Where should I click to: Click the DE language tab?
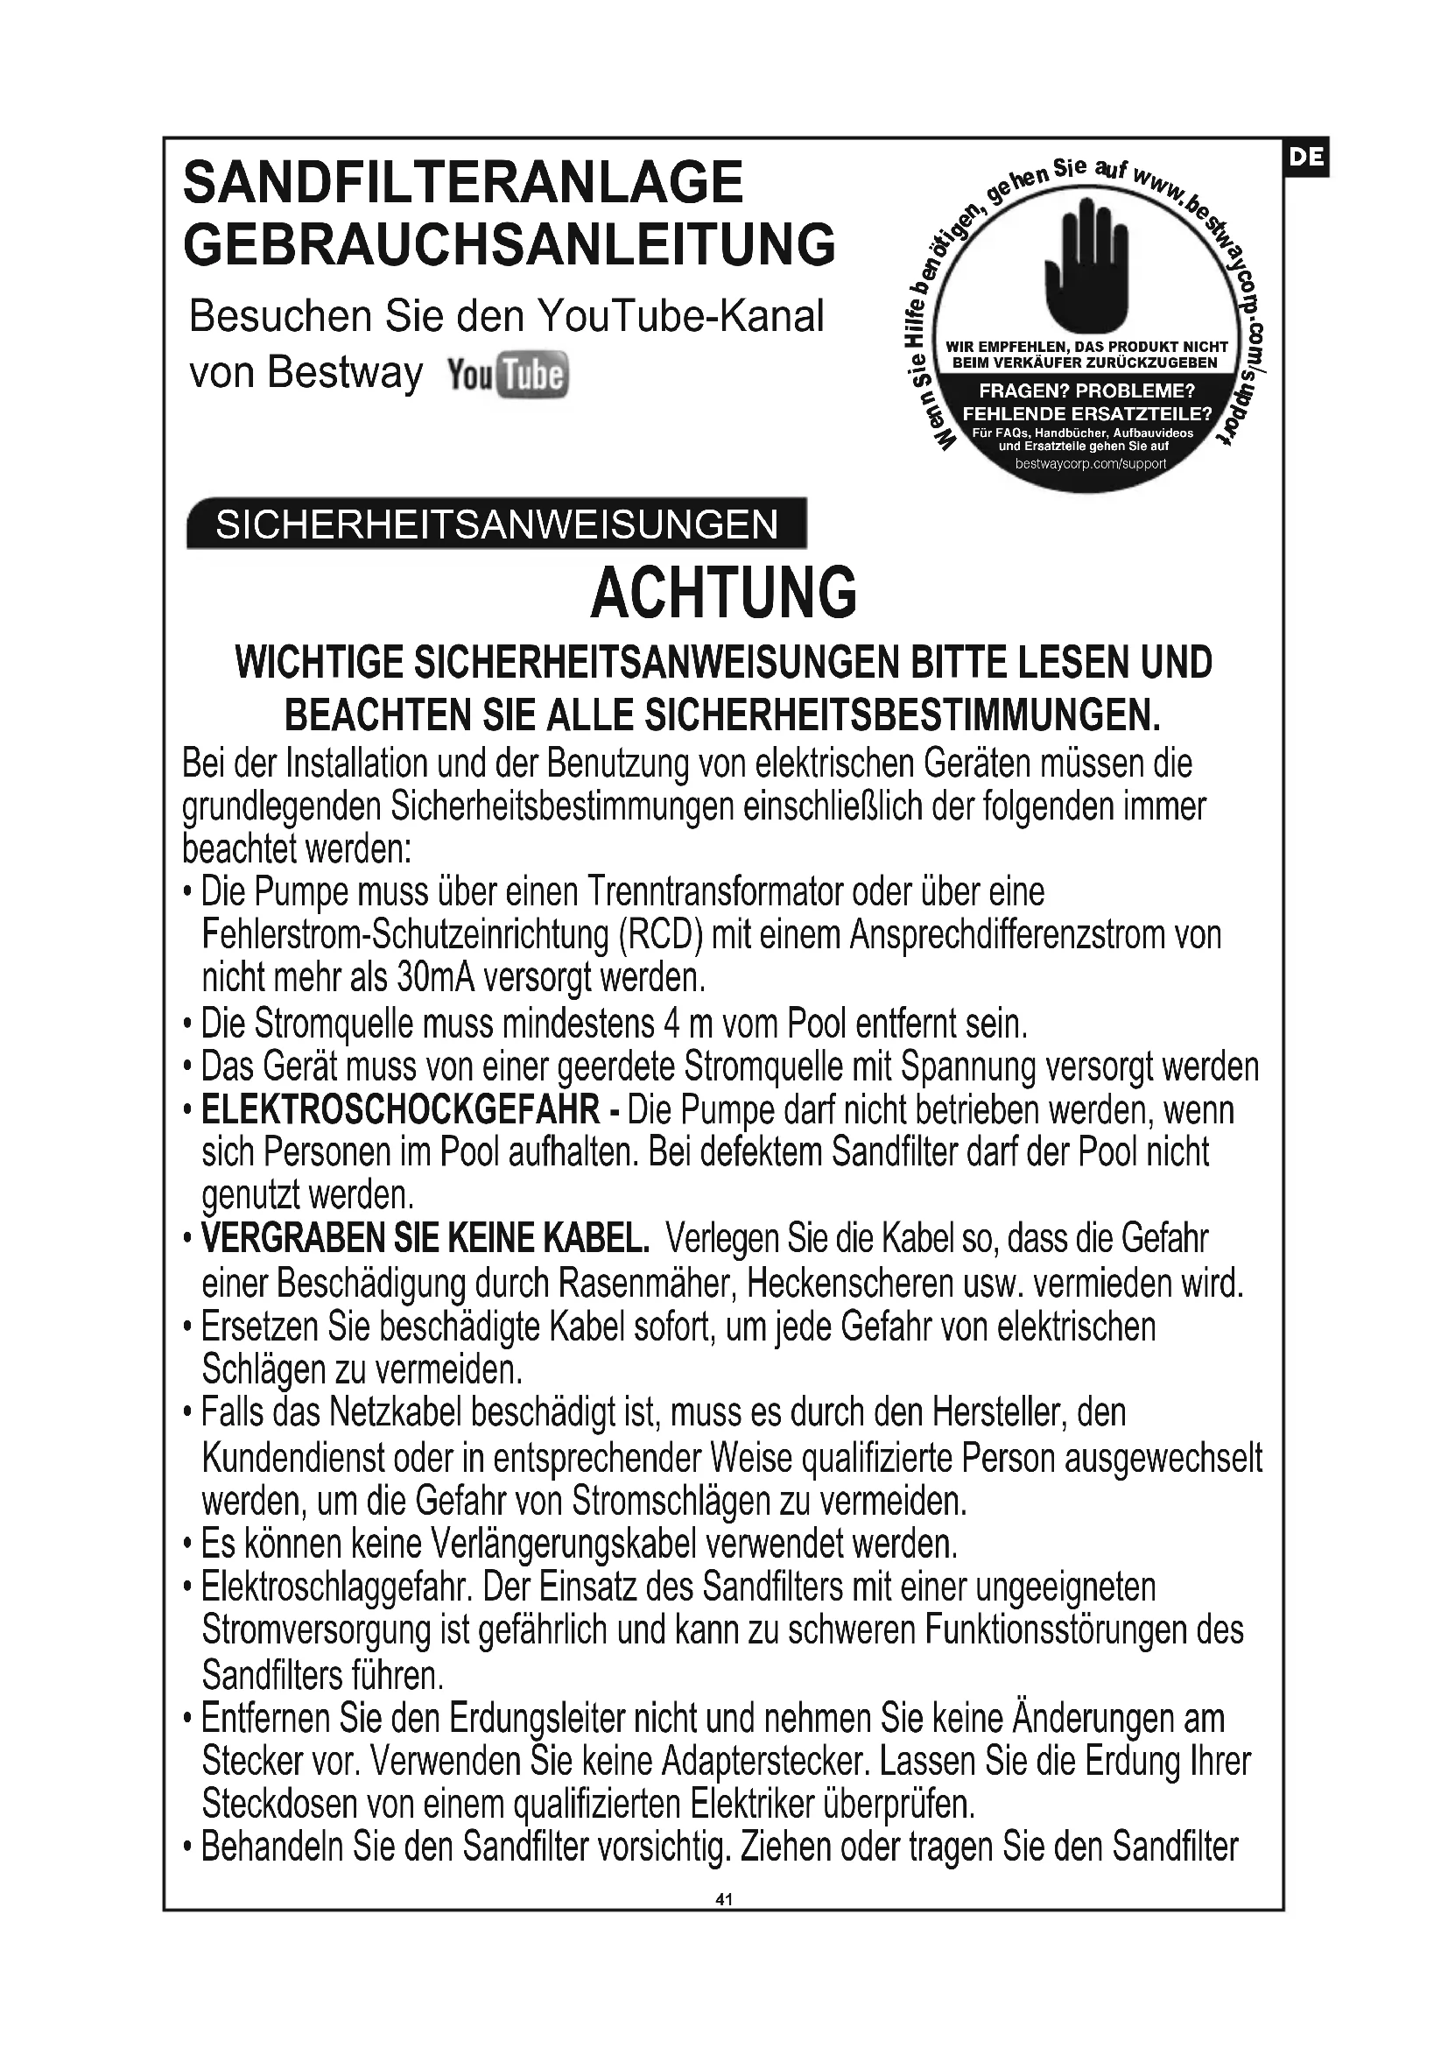pos(1306,158)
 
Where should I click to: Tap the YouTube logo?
pos(508,376)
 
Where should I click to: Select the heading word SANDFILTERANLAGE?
pos(463,183)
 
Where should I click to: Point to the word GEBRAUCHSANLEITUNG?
pos(510,244)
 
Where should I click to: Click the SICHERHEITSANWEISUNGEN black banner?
pos(496,524)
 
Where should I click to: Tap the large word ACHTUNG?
pos(723,593)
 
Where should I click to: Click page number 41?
pos(723,1899)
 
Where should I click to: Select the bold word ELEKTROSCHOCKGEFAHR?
pos(400,1110)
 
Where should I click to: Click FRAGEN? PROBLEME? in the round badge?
pos(1086,391)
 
